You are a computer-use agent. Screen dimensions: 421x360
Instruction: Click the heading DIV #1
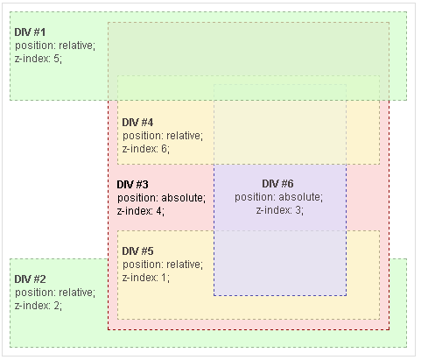30,32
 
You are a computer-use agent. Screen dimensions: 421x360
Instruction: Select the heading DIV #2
30,279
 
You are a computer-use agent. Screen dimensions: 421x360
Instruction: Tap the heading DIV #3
132,185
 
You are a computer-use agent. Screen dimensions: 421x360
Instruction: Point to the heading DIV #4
137,123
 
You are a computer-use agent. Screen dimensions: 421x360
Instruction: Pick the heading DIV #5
137,251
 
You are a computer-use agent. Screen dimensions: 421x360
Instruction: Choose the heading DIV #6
277,184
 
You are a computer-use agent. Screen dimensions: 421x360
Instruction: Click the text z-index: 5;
39,59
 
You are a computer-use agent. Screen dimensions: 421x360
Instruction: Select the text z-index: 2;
39,306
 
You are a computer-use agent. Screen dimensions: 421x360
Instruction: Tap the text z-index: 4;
141,211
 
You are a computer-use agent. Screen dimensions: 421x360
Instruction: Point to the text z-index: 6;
146,149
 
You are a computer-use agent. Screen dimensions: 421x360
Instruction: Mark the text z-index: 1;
146,278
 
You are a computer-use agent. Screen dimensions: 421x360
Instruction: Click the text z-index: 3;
280,210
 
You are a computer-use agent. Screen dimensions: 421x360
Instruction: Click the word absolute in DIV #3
182,198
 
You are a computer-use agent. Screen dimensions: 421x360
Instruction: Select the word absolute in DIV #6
299,197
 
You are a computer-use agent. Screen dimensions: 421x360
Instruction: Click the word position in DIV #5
142,265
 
